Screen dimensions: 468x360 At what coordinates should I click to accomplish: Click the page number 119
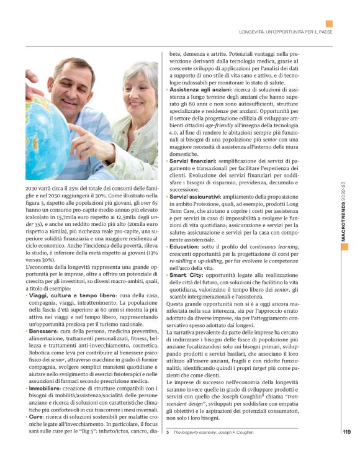[346, 449]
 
